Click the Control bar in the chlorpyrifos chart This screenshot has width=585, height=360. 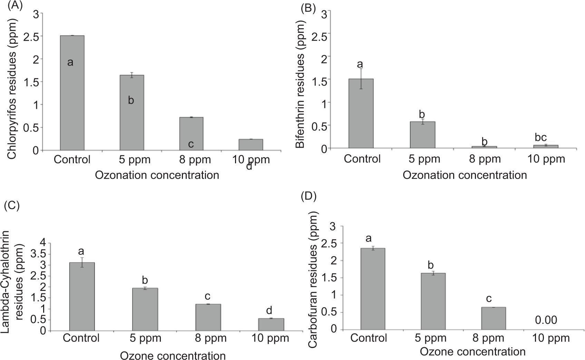[x=72, y=93]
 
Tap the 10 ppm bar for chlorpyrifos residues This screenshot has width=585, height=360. [x=251, y=145]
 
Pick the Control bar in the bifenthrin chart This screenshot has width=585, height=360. [x=361, y=114]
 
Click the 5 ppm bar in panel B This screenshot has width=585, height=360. [x=422, y=135]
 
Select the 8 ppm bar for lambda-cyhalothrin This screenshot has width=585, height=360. [x=208, y=317]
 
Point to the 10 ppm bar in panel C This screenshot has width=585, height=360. [x=271, y=324]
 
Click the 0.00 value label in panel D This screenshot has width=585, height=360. [x=546, y=320]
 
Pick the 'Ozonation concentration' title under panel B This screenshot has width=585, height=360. [x=465, y=175]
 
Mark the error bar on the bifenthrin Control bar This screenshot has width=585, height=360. [x=361, y=79]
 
